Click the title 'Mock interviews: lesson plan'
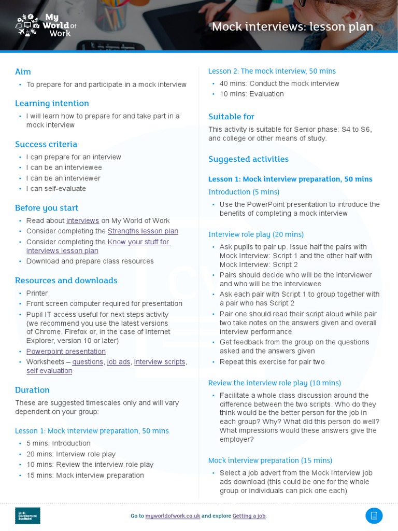[x=292, y=26]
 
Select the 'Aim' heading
[x=23, y=72]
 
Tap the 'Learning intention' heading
[x=52, y=103]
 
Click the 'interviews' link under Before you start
[x=82, y=220]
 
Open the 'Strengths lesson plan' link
[x=143, y=231]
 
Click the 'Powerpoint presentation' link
[x=66, y=352]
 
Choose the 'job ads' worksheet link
[x=118, y=362]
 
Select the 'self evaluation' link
[x=49, y=371]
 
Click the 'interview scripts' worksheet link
[x=160, y=362]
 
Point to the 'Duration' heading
[x=32, y=390]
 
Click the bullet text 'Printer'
[x=37, y=293]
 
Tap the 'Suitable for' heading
[x=231, y=117]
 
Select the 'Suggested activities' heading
[x=248, y=159]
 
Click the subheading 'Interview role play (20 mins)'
[x=256, y=234]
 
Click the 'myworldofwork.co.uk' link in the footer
[x=173, y=516]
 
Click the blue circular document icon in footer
[x=374, y=515]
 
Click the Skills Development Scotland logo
[x=27, y=515]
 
